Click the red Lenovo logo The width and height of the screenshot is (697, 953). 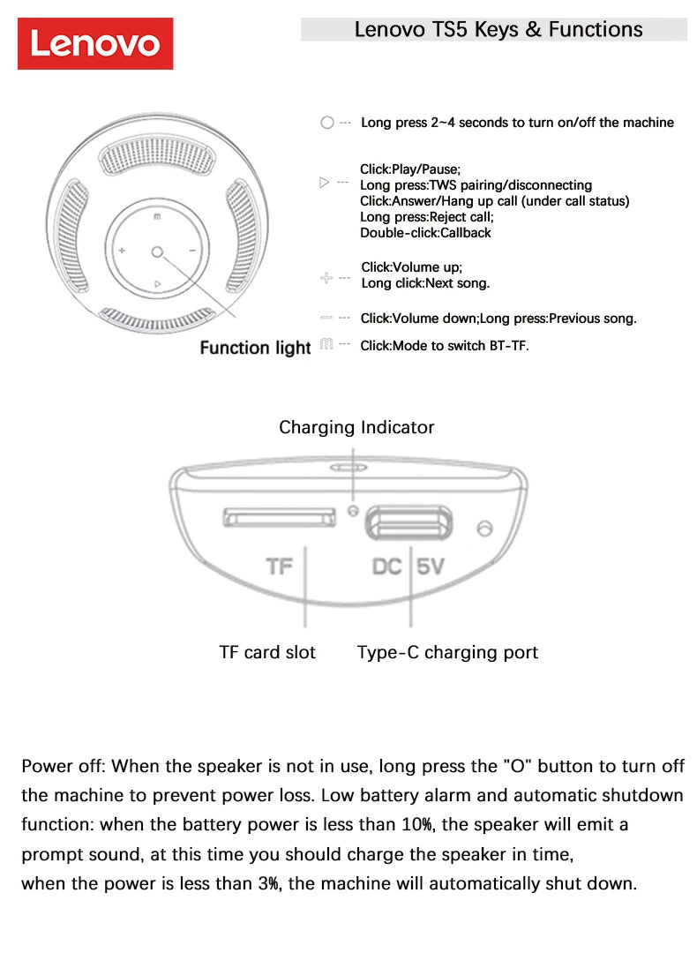(95, 43)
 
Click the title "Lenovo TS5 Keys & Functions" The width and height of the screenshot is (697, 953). (498, 29)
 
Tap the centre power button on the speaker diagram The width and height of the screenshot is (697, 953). (157, 252)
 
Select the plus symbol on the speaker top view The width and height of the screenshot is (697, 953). (122, 251)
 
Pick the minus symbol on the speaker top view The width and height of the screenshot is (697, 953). (192, 251)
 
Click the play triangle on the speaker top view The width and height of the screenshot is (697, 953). (157, 283)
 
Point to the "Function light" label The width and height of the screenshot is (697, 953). (255, 348)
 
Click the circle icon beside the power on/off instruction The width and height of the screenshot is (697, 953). (327, 124)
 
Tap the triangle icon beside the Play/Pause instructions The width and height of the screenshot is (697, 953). (324, 183)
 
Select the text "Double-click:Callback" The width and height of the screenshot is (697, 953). (425, 233)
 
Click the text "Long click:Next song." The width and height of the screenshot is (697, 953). (425, 283)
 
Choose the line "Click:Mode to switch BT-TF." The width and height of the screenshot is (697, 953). (445, 346)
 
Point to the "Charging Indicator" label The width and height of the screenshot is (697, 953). (356, 427)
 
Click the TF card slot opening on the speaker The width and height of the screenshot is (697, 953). (279, 516)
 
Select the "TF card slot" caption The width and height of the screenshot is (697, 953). (267, 652)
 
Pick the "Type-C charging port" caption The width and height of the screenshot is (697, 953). (447, 652)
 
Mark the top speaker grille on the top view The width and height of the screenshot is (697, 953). (157, 160)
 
